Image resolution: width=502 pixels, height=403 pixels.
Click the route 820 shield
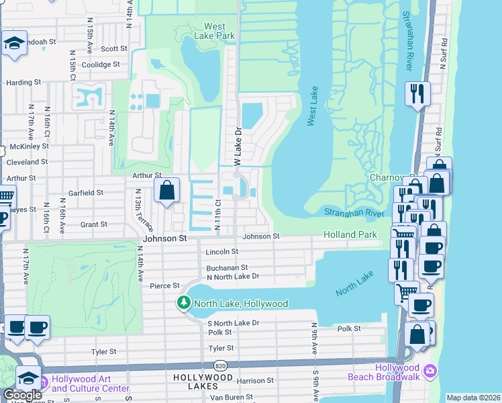pyautogui.click(x=219, y=365)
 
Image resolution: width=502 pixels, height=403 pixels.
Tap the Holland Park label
pyautogui.click(x=350, y=235)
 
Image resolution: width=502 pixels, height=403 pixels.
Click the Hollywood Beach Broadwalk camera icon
pyautogui.click(x=430, y=371)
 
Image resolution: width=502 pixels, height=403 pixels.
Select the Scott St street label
pyautogui.click(x=114, y=49)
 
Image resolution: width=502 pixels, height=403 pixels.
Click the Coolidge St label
pyautogui.click(x=100, y=65)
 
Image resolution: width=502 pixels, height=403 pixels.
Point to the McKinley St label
pyautogui.click(x=27, y=146)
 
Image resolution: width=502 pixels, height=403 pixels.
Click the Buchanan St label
pyautogui.click(x=227, y=267)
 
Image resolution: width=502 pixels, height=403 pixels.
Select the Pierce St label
pyautogui.click(x=165, y=285)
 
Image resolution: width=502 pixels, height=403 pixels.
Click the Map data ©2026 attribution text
pyautogui.click(x=473, y=398)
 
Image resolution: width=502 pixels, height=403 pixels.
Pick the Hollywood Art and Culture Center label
pyautogui.click(x=91, y=384)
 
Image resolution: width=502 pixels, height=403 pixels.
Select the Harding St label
pyautogui.click(x=23, y=83)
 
